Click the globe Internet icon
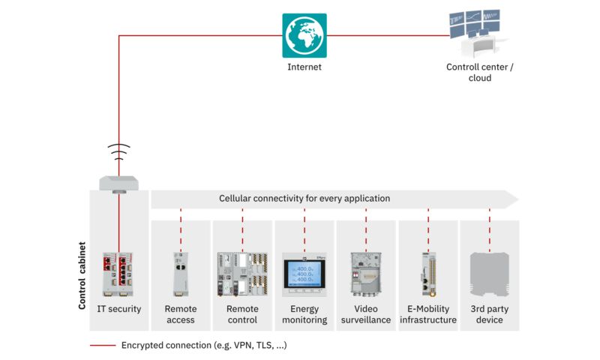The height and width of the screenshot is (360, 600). click(304, 35)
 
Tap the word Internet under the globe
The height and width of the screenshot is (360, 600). click(304, 67)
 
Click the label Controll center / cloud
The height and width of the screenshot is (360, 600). click(480, 72)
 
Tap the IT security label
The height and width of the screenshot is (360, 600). click(118, 309)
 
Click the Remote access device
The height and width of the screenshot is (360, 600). click(180, 273)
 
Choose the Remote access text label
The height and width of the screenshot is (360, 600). click(180, 314)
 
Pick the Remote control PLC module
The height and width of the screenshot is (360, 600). click(242, 273)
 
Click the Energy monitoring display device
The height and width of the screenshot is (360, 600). click(304, 273)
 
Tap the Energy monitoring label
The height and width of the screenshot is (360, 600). click(304, 314)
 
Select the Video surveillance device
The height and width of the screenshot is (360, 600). click(366, 273)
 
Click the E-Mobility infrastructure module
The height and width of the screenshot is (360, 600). click(428, 273)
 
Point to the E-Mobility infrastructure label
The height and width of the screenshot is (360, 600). click(428, 314)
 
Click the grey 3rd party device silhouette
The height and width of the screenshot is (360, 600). click(490, 273)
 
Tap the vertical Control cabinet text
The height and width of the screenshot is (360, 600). click(82, 275)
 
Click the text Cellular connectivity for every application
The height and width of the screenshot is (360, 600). click(304, 199)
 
